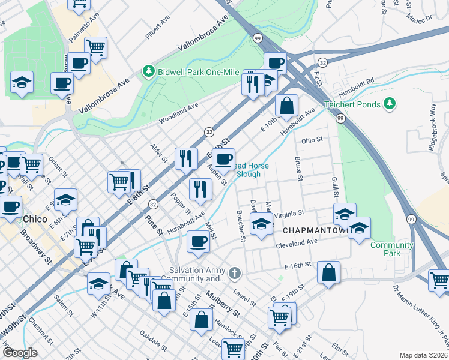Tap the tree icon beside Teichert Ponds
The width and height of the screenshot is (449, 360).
click(x=390, y=104)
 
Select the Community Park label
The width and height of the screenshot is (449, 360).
click(x=391, y=249)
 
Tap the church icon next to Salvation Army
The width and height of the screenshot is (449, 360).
click(x=234, y=274)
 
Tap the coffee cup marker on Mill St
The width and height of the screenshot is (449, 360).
click(x=199, y=242)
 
